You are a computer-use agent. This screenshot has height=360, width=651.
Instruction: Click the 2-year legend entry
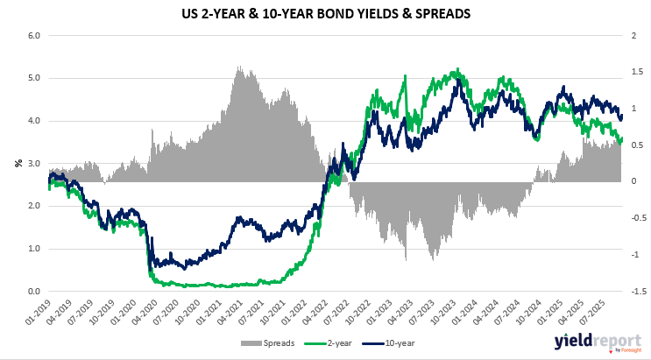coord(343,342)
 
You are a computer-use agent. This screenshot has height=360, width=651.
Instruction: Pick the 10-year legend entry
coord(400,342)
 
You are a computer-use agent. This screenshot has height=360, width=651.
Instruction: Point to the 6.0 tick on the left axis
coord(34,36)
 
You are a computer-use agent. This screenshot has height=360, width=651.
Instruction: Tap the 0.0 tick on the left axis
coord(34,292)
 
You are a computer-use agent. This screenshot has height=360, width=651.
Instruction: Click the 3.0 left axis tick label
coord(34,164)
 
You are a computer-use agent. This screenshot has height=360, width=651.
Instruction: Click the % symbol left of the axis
coord(17,163)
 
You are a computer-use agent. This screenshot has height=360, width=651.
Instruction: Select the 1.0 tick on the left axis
coord(34,249)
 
